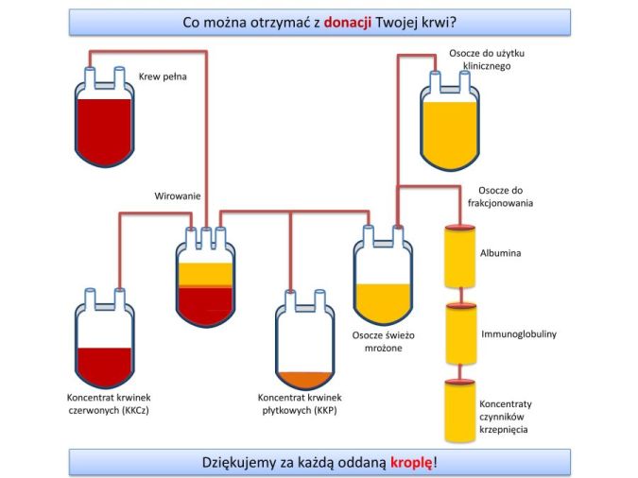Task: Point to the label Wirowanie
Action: (x=178, y=196)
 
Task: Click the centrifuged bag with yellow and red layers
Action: (x=204, y=279)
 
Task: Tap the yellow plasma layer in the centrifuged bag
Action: (x=204, y=272)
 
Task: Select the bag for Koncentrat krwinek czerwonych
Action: (x=105, y=340)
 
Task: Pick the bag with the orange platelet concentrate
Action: (x=304, y=345)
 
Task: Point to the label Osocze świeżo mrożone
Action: (x=383, y=341)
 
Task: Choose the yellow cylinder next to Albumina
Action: (x=460, y=257)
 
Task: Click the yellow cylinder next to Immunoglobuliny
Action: (x=460, y=334)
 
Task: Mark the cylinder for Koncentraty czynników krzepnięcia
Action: (x=460, y=412)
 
